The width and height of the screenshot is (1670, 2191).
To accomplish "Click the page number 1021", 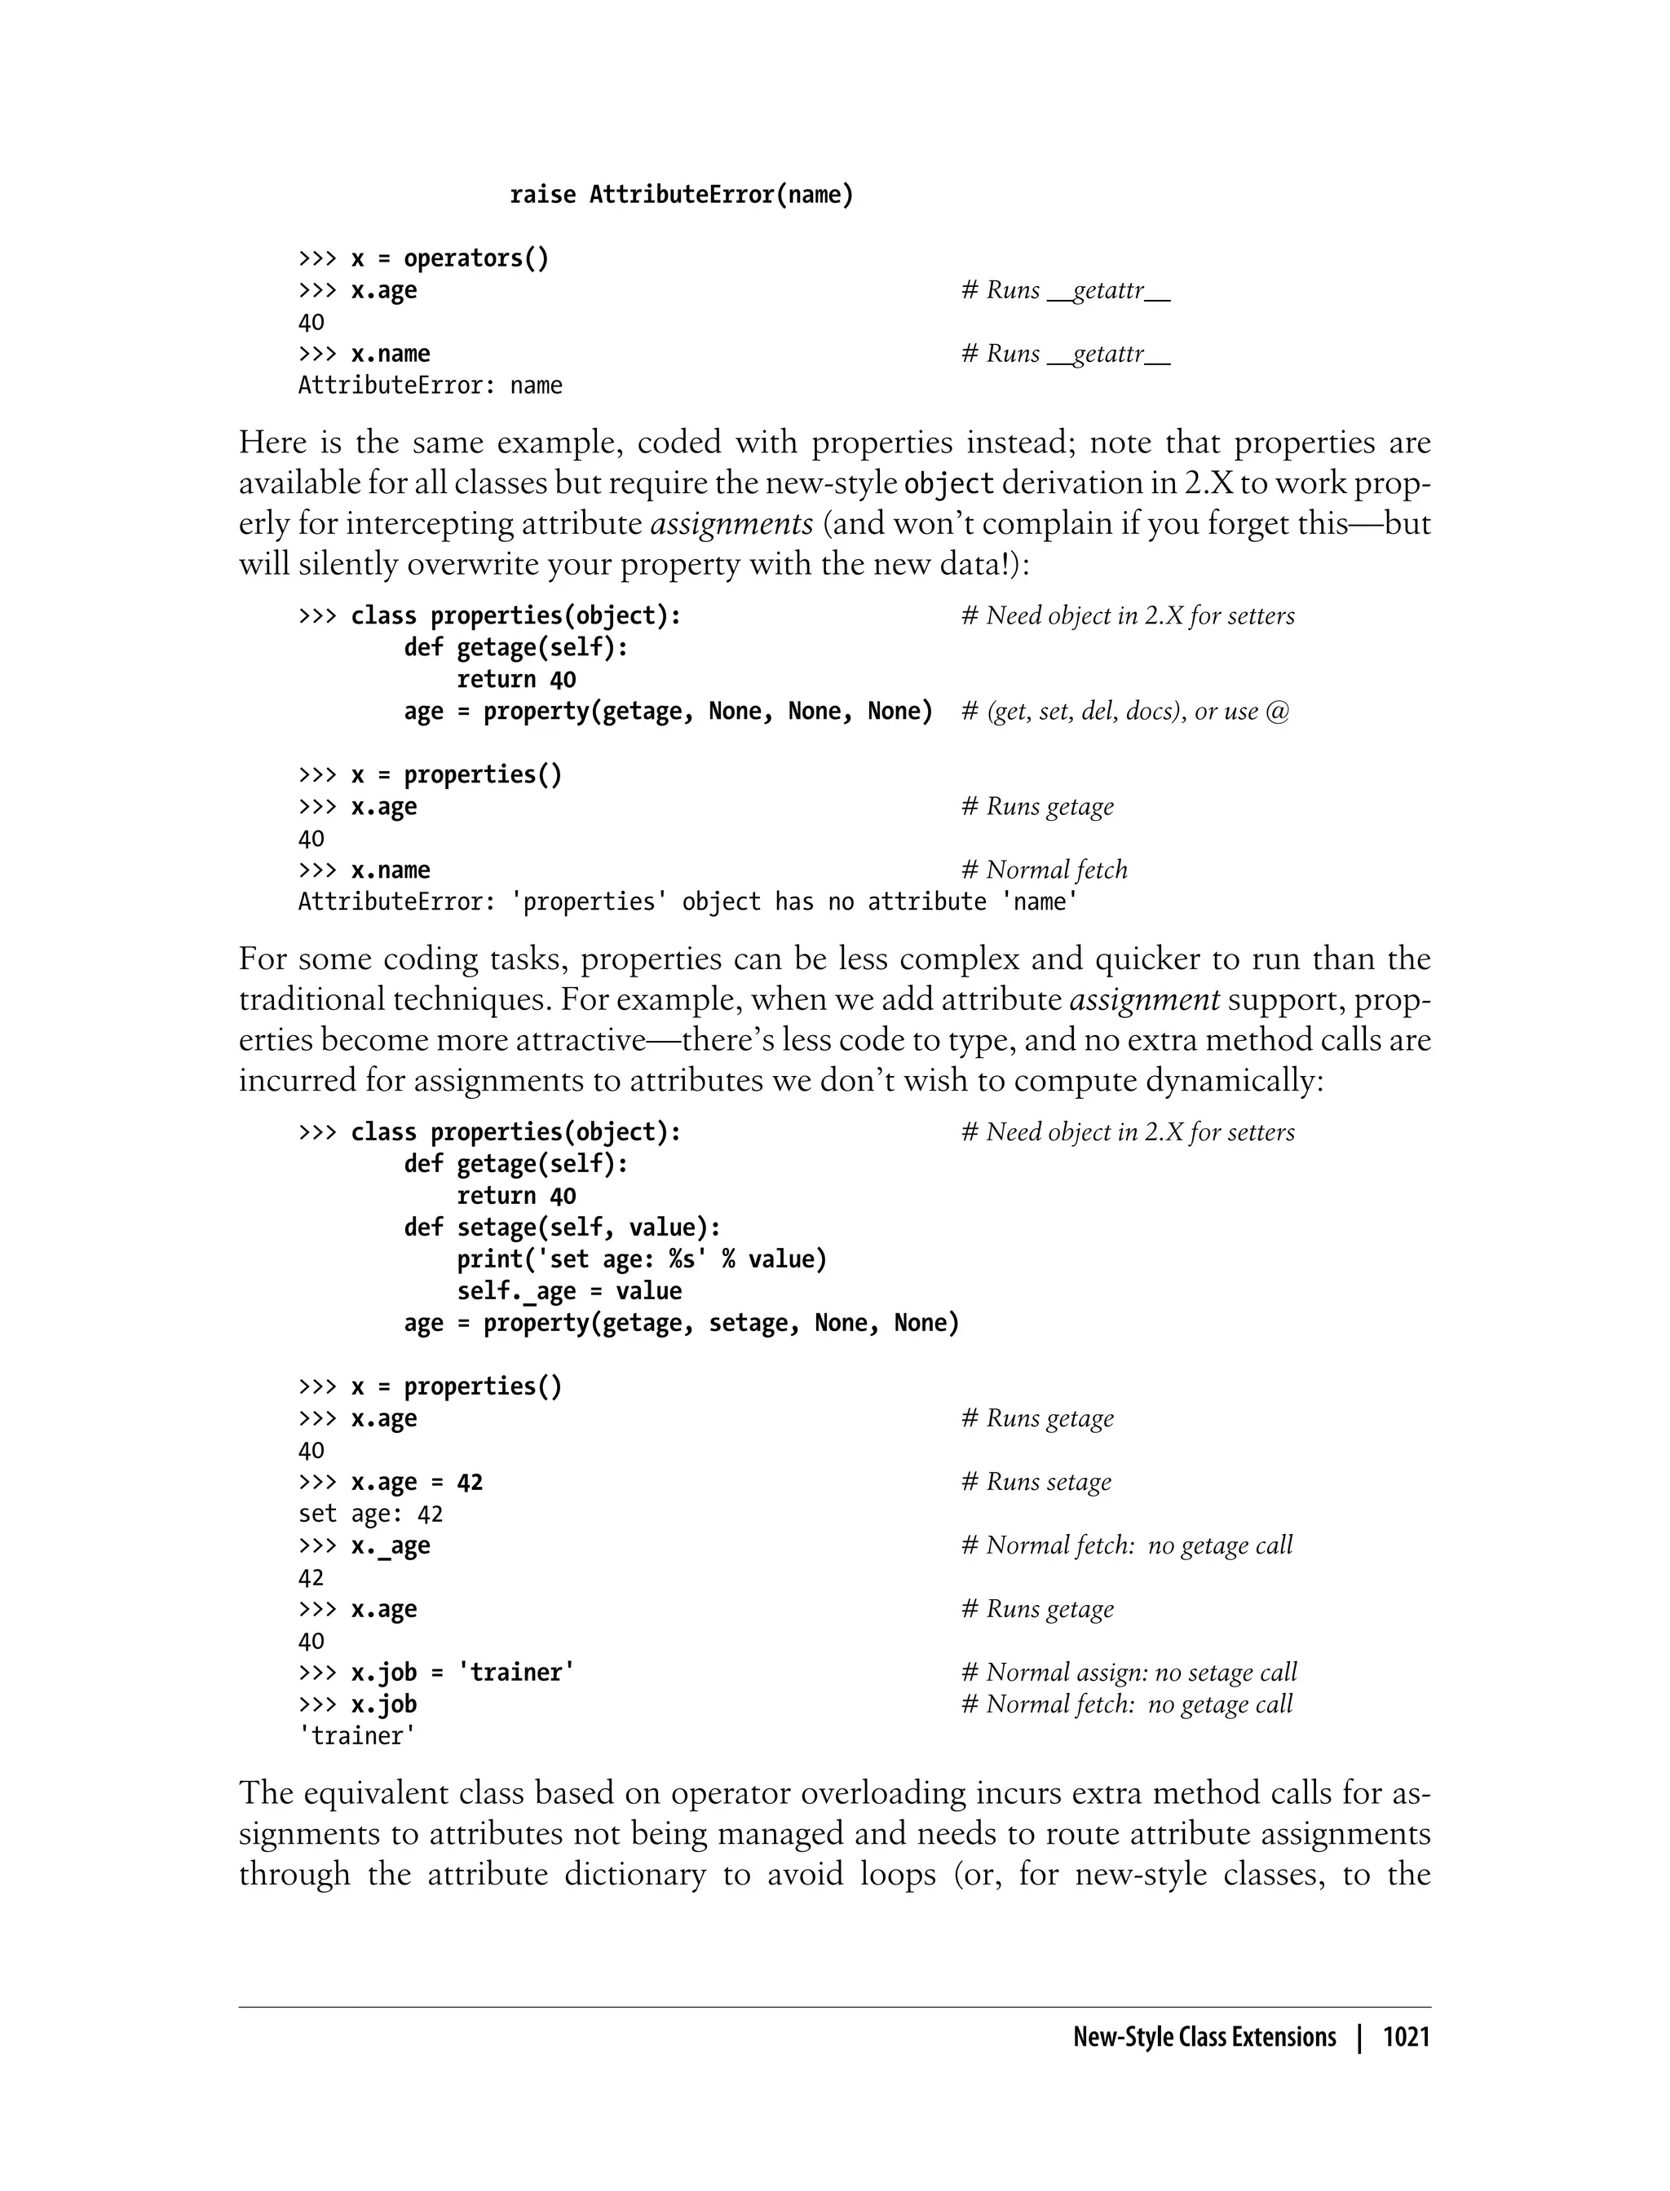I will coord(1406,2037).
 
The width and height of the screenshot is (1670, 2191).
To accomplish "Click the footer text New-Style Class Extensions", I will coord(1204,2037).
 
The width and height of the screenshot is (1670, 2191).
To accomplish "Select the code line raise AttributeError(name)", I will coord(681,195).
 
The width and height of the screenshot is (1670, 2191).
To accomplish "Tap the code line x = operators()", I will coord(449,258).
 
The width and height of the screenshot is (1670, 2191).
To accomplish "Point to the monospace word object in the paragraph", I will coord(948,484).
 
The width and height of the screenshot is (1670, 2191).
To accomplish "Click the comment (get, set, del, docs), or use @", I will coord(1125,712).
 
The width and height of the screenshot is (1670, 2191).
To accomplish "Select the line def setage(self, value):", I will coord(563,1228).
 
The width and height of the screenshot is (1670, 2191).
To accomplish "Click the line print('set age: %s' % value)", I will coord(641,1260).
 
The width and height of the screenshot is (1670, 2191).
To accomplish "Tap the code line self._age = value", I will coord(568,1292).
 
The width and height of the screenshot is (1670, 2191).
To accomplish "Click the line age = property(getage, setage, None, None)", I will coord(681,1324).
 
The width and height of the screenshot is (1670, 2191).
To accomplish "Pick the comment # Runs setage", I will coord(1036,1483).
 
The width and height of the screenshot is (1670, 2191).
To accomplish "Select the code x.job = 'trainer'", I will coord(462,1673).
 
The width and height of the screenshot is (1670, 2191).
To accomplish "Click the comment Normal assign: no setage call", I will coord(1129,1673).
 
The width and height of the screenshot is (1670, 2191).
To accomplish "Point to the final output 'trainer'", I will coord(357,1736).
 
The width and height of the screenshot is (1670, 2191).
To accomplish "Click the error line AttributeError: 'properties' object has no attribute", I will coord(688,902).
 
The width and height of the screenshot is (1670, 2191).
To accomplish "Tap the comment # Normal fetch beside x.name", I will coord(1044,871).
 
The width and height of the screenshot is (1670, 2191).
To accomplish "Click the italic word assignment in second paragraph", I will coord(1144,999).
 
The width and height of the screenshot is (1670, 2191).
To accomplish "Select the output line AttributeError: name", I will coord(430,386).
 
